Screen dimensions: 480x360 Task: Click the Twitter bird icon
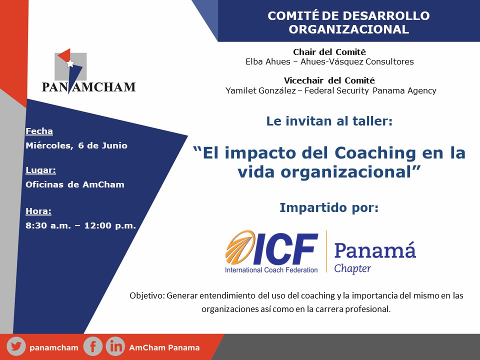[x=16, y=347]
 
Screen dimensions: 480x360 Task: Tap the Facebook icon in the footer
[x=93, y=346]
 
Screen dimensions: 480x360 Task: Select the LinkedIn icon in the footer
[x=115, y=346]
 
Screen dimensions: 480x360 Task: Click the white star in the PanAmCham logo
[x=70, y=63]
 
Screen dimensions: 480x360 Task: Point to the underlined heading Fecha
[x=39, y=131]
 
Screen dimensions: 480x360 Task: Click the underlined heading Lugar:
[x=40, y=170]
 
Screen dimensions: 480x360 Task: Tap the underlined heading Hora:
[x=38, y=211]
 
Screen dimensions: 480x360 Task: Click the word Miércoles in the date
[x=49, y=145]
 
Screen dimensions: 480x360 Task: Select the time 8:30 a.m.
[x=48, y=225]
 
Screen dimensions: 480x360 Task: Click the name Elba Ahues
[x=268, y=61]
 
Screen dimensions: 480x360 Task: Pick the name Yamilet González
[x=260, y=90]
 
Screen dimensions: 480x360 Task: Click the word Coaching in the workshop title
[x=375, y=153]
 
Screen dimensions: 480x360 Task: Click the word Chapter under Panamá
[x=352, y=268]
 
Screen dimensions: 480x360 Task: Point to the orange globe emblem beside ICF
[x=240, y=247]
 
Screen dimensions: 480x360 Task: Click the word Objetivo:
[x=147, y=295]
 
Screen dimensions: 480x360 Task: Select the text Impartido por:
[x=329, y=207]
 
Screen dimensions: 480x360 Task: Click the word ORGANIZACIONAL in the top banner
[x=348, y=29]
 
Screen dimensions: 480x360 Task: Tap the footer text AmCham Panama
[x=164, y=347]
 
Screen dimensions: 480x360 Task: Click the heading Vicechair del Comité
[x=329, y=80]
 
